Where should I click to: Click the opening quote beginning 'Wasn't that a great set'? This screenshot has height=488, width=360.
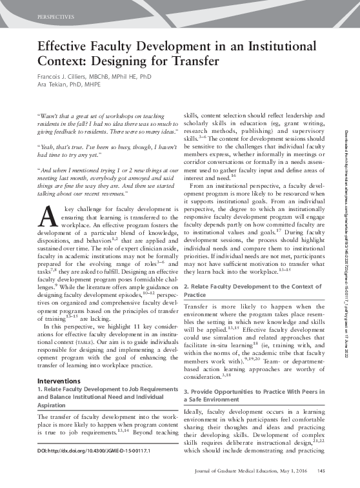click(103, 123)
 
